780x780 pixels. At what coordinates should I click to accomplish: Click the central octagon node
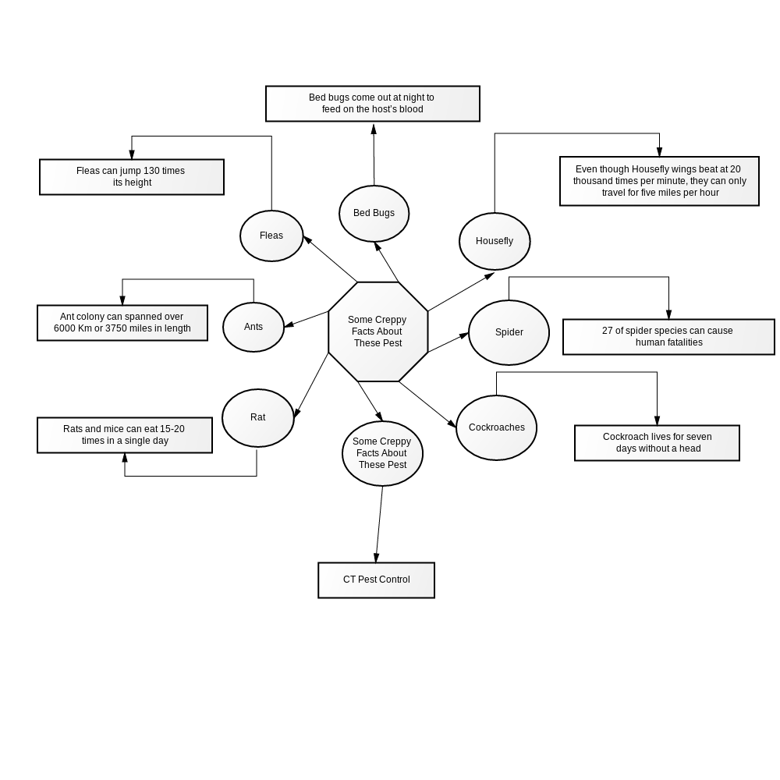pos(378,331)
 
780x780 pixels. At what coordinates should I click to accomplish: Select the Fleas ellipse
pos(271,236)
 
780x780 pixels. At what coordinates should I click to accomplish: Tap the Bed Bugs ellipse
pos(374,214)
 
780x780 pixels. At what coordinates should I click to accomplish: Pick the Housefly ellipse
pos(495,241)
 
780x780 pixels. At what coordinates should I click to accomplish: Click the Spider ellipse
pos(509,332)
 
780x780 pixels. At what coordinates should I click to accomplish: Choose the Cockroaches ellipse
pos(496,427)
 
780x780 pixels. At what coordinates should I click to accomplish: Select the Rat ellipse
pos(257,418)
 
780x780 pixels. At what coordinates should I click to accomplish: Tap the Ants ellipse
pos(253,327)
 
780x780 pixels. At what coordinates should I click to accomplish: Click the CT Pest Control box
pos(377,580)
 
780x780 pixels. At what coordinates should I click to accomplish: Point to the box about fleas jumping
pos(132,177)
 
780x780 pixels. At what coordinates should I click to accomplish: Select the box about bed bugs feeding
pos(373,104)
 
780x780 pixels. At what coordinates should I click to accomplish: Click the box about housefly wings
pos(660,181)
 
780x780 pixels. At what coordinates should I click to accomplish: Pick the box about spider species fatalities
pos(668,337)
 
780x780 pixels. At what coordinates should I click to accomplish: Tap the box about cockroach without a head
pos(657,443)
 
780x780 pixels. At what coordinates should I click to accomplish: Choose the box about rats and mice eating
pos(125,435)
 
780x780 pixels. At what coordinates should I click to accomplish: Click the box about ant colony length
pos(122,323)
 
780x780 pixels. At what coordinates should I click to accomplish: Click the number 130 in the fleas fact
pos(151,171)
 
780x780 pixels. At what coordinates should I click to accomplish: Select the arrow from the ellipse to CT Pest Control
pos(379,524)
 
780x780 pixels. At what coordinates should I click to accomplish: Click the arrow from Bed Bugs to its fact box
pos(374,154)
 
